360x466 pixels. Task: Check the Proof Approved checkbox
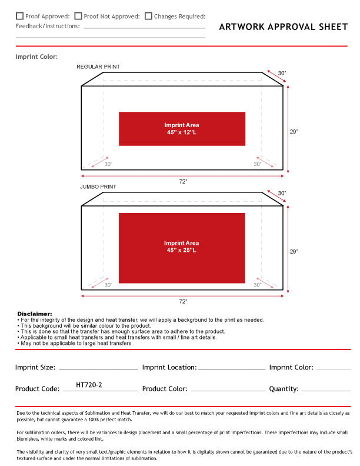(x=19, y=16)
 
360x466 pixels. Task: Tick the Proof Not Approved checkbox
(x=78, y=16)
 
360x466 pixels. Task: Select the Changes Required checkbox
(x=148, y=16)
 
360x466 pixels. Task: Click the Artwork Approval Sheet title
(x=283, y=27)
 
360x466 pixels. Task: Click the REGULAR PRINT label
(x=98, y=67)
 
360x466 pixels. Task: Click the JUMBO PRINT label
(x=98, y=187)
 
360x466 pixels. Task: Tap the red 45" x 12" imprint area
(x=182, y=129)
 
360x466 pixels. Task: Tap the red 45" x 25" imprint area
(x=182, y=247)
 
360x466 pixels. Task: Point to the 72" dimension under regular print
(x=183, y=182)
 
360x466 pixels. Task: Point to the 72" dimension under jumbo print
(x=183, y=301)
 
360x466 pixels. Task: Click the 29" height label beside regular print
(x=294, y=132)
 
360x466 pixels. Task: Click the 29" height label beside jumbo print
(x=294, y=251)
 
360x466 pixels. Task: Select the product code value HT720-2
(x=89, y=385)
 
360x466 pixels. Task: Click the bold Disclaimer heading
(x=35, y=314)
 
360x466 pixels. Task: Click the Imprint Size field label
(x=35, y=367)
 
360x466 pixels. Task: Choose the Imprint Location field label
(x=169, y=367)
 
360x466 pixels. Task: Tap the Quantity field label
(x=284, y=388)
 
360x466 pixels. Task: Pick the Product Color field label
(x=165, y=388)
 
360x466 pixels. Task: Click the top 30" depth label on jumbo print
(x=282, y=193)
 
